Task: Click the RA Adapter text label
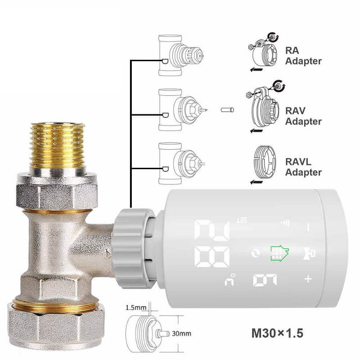303,56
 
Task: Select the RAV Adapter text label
303,116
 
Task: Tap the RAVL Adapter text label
303,167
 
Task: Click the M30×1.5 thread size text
277,333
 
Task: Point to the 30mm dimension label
181,333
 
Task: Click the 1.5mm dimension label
136,307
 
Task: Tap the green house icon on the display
279,253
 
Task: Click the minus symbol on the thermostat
308,228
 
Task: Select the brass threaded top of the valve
58,145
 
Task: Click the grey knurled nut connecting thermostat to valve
133,248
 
